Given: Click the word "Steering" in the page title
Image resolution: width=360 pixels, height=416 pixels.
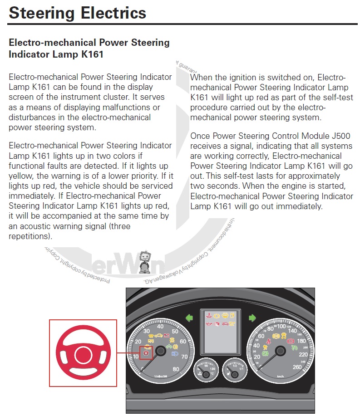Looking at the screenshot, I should click(41, 12).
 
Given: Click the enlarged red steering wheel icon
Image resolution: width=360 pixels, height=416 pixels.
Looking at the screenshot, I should click(83, 353).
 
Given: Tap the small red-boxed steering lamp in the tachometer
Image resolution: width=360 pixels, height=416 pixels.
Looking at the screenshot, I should click(146, 352).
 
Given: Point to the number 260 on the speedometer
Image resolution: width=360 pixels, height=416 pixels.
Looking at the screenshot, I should click(298, 367).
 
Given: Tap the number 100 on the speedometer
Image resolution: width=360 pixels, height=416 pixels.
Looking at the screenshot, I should click(281, 326).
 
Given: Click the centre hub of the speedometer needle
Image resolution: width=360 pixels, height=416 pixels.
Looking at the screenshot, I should click(279, 350).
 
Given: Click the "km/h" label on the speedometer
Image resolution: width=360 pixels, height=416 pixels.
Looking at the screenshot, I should click(280, 376).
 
